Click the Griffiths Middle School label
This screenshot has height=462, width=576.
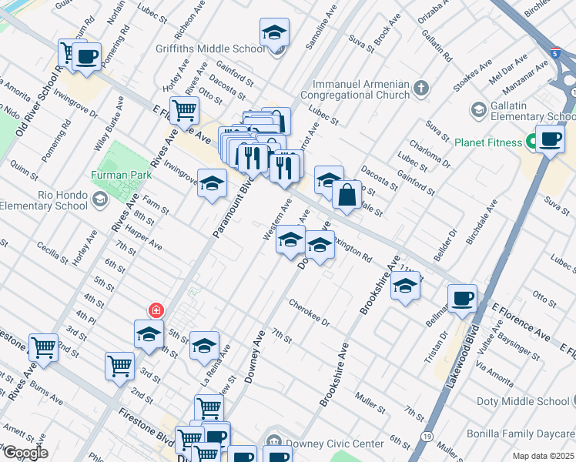tap(218, 49)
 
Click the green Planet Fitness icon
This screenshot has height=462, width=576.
tap(531, 142)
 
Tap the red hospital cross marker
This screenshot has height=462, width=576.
tap(156, 310)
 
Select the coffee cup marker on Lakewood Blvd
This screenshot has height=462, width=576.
tap(462, 299)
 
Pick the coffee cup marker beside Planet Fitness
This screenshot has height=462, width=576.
tap(550, 139)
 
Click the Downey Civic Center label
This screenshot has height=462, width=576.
tap(335, 444)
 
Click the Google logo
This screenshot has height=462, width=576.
tap(25, 453)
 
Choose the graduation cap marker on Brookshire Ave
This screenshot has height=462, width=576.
tap(405, 287)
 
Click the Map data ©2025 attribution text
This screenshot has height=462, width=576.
tap(542, 456)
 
